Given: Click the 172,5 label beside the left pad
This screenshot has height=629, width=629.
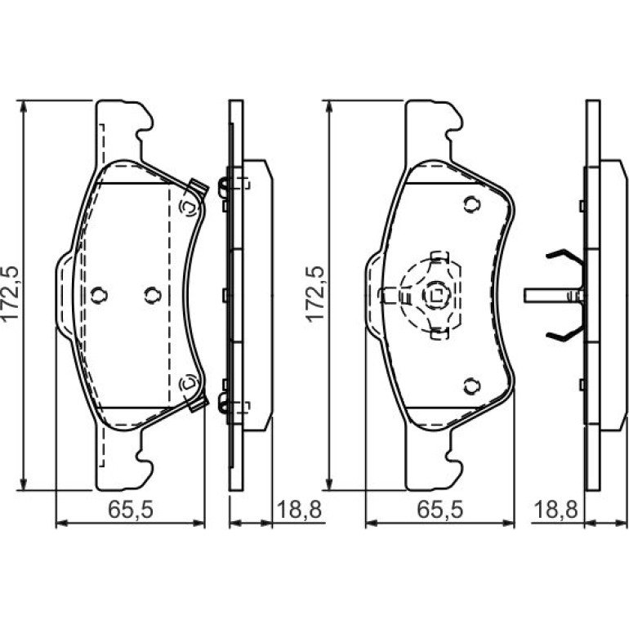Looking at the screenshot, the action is point(11,292).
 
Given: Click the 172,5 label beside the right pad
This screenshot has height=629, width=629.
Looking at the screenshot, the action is point(315,293).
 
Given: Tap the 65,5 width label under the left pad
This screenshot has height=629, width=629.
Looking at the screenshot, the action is point(131,510).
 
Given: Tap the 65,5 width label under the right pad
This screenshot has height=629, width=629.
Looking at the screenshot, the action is point(440,510).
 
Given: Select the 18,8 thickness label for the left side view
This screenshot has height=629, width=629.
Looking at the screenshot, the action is point(299,510).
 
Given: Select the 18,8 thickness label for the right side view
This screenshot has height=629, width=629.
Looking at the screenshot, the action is point(555,510).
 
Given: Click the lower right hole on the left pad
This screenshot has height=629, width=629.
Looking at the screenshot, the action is point(189,382).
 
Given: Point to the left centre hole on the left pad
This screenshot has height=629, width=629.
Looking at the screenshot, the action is point(99,295).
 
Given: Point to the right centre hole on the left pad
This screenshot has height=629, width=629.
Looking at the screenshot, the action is point(153,295).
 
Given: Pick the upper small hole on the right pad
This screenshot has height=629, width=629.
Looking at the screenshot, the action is point(472,204).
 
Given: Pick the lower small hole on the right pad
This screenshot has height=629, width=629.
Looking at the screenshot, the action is point(472,386).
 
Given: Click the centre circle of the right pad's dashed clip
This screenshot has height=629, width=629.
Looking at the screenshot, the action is point(436,296).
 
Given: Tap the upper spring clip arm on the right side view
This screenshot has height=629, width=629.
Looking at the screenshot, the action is point(564,256).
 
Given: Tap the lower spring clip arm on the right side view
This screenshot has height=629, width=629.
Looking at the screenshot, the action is point(564,334).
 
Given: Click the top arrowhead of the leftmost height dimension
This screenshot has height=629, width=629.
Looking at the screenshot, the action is point(24,106).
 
